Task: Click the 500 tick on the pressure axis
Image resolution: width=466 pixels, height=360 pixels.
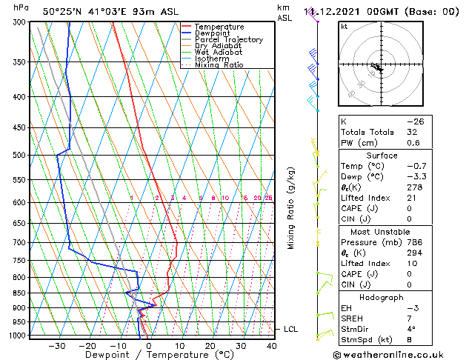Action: (20, 156)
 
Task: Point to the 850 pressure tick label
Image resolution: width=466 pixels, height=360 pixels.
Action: (20, 293)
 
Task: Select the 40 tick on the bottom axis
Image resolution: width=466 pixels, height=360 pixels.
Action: (271, 346)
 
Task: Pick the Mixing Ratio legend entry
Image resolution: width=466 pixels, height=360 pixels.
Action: (219, 65)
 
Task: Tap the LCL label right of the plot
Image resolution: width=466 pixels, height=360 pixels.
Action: (290, 329)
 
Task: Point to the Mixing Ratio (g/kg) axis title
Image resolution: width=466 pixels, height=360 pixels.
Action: (291, 208)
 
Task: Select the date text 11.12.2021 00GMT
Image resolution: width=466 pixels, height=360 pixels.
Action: (361, 12)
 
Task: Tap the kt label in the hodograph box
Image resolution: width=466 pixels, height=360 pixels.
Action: (344, 26)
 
